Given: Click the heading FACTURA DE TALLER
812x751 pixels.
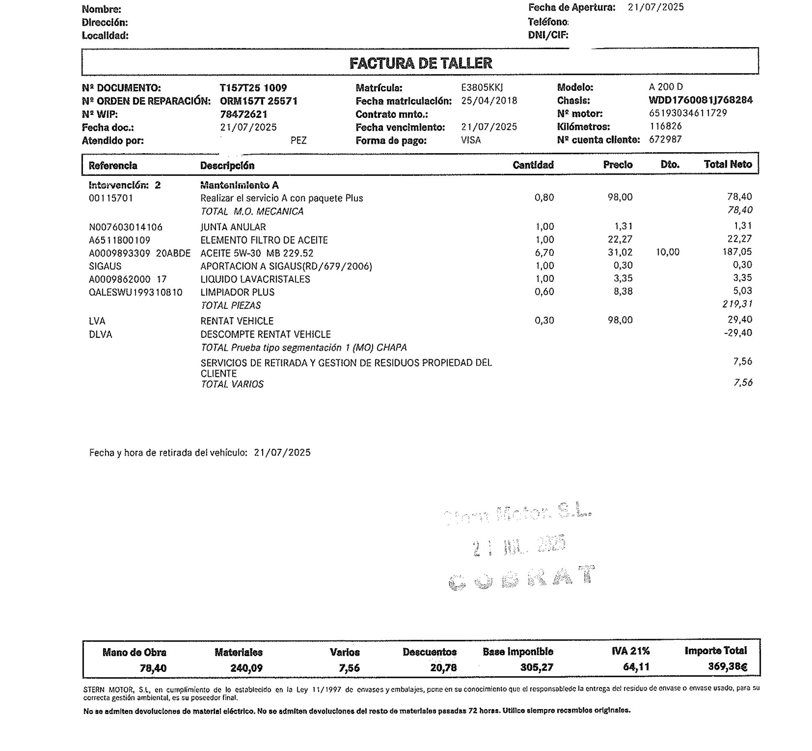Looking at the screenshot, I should click(421, 63).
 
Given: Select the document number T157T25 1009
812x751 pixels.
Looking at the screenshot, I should click(253, 88).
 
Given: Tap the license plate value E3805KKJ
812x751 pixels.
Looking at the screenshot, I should click(482, 87).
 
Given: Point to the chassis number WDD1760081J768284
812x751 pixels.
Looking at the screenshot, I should click(700, 100).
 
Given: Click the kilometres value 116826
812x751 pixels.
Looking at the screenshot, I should click(665, 126).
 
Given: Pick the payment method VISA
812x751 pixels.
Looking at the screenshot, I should click(471, 140).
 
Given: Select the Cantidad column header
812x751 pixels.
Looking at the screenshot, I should click(533, 164).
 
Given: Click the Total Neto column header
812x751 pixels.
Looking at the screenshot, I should click(728, 164).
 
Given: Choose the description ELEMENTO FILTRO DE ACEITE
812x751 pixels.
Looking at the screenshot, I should click(264, 240).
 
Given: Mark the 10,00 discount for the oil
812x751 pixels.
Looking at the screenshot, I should click(667, 252).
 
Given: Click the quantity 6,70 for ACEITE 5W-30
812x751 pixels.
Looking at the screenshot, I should click(544, 252).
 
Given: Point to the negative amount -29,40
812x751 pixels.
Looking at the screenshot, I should click(738, 333).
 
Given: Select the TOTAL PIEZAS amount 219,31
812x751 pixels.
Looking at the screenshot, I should click(737, 304).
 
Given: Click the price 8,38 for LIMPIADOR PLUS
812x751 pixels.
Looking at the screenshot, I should click(624, 291).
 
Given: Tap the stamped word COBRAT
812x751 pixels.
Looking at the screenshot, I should click(521, 577).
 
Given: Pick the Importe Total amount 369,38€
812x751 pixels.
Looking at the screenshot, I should click(727, 666).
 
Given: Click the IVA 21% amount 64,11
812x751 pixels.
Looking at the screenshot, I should click(636, 667).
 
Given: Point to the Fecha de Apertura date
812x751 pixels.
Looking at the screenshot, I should click(656, 7).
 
